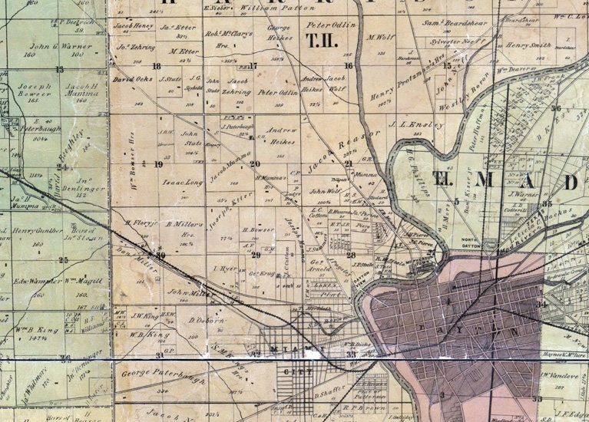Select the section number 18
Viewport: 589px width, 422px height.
(157, 66)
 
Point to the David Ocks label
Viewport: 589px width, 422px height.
(128, 79)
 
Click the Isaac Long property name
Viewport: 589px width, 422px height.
(183, 183)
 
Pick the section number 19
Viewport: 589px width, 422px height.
(158, 164)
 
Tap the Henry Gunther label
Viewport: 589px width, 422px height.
(37, 230)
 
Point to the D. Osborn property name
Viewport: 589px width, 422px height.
(206, 320)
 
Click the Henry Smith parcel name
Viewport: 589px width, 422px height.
(528, 45)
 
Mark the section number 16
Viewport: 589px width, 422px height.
(348, 66)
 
